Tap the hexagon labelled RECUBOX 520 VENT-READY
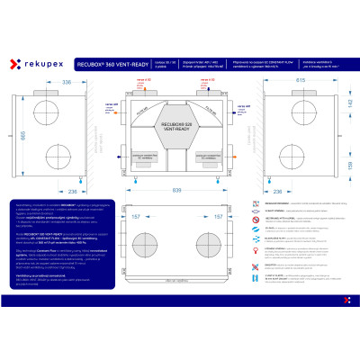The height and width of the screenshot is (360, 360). (180, 118)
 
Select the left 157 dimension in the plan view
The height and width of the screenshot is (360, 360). (137, 217)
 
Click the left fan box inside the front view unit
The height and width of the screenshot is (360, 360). (151, 158)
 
